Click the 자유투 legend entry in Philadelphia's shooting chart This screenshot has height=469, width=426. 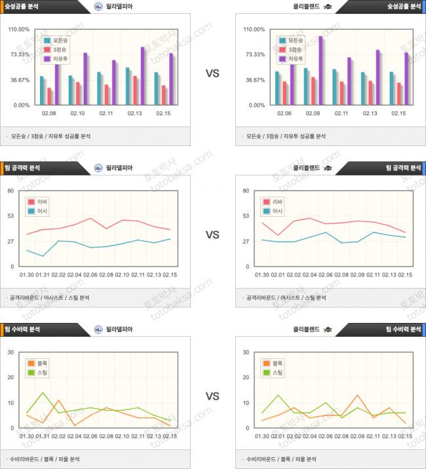tap(56, 59)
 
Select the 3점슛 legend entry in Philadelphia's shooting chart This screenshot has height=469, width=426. tap(56, 50)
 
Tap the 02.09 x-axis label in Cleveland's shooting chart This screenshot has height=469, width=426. tap(313, 113)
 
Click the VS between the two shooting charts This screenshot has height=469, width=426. tap(212, 74)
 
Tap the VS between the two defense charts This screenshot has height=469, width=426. tap(212, 396)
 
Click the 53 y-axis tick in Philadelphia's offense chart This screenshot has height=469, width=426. tap(10, 216)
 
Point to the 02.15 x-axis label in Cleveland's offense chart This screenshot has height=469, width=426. tap(405, 274)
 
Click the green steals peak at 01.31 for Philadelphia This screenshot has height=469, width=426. tap(43, 392)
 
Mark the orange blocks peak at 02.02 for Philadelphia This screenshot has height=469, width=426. tap(58, 400)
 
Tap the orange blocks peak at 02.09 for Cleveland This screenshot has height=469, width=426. tap(357, 395)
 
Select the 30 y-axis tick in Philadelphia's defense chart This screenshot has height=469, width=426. tap(10, 352)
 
